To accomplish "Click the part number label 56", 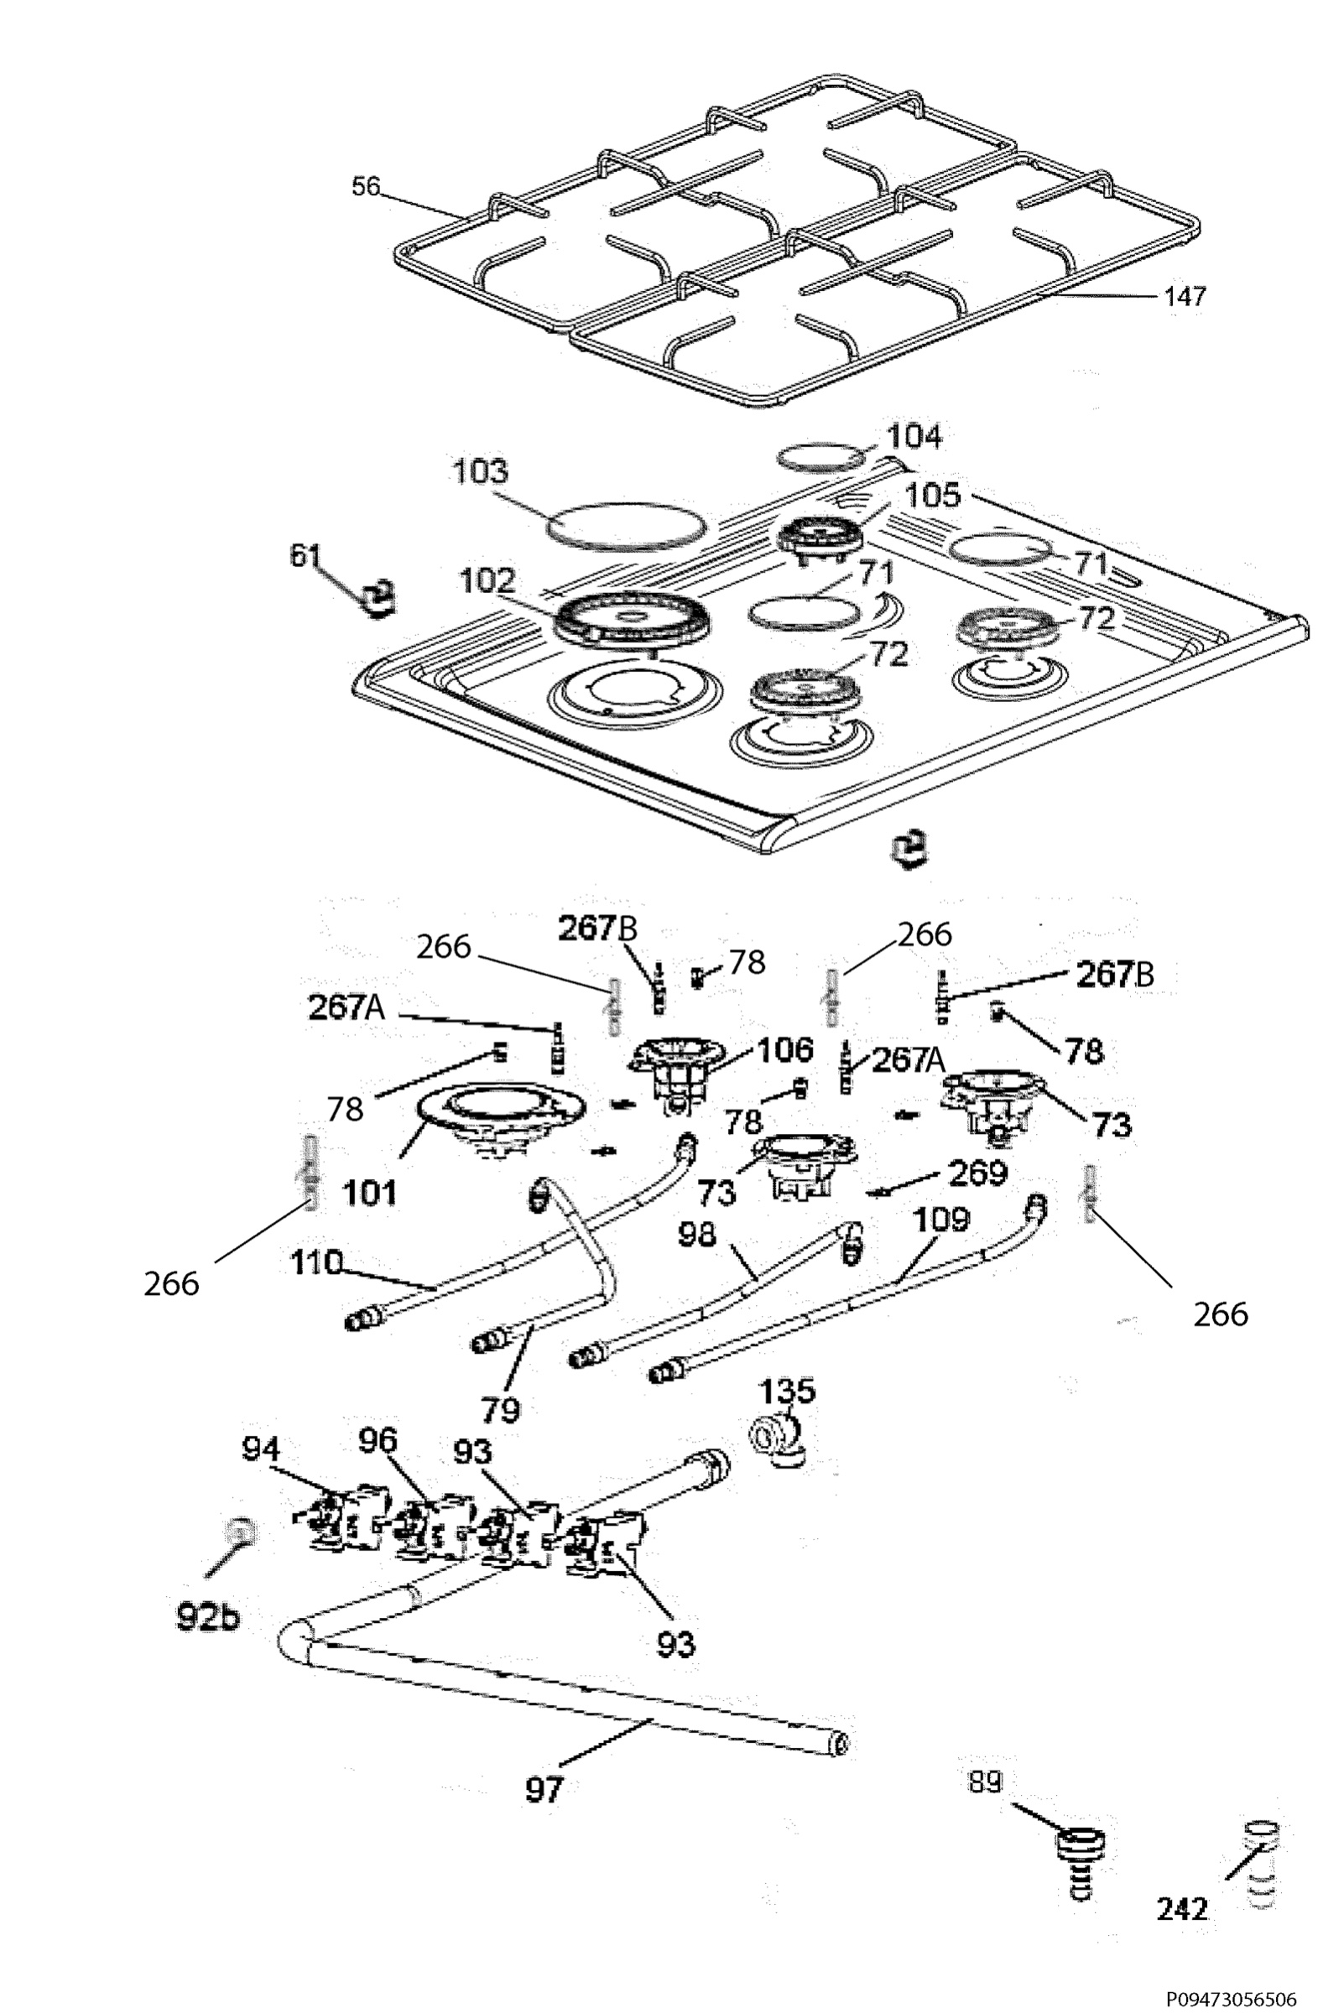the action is point(367,185).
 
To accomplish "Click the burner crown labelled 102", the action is point(632,619).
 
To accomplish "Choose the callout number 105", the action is point(932,495).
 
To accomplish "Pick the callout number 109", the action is point(940,1220).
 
